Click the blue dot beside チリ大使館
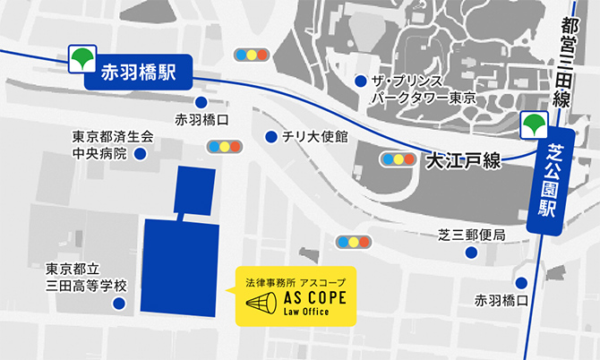270,137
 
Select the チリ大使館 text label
314,137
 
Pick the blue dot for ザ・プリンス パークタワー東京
360,81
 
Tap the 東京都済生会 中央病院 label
114,145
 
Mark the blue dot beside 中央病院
140,153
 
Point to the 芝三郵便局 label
472,235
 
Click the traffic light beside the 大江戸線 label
399,159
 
